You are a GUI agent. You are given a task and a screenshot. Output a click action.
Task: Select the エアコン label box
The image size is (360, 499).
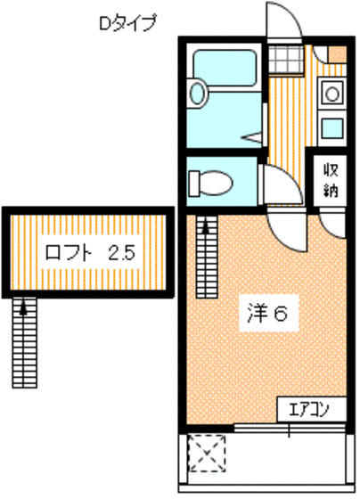(x=309, y=410)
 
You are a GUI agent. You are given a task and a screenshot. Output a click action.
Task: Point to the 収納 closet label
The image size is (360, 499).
(x=330, y=180)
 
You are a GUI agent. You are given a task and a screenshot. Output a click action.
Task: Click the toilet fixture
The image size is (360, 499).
(x=210, y=183)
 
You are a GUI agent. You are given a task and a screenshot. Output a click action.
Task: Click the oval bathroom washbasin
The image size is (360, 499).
(x=199, y=94)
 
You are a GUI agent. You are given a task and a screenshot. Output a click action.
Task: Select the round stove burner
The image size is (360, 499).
(x=331, y=92)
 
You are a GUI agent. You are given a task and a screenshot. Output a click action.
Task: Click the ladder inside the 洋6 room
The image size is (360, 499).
(x=207, y=258)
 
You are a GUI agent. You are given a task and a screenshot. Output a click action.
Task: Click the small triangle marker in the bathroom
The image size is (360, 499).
(x=253, y=137)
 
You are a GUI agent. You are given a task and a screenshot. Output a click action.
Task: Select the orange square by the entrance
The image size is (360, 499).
(x=337, y=55)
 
